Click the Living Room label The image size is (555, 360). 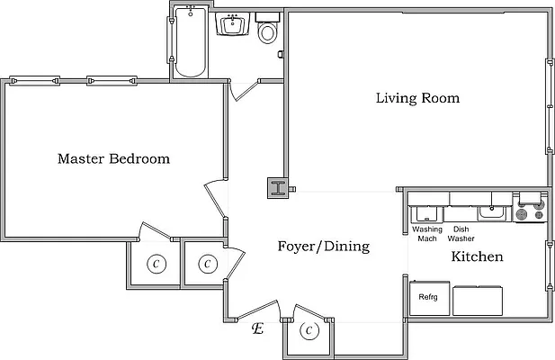click(x=417, y=98)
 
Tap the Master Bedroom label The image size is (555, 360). click(x=113, y=159)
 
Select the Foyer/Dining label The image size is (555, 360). click(x=323, y=247)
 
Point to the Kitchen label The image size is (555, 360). click(x=477, y=257)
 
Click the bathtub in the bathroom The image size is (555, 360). click(x=190, y=42)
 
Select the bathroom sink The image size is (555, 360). click(x=234, y=24)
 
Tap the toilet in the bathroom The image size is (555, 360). click(x=267, y=33)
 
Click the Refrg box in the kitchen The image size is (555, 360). click(x=428, y=298)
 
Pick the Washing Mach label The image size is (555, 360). click(x=427, y=234)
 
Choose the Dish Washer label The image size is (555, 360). click(x=461, y=234)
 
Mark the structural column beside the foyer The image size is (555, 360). click(x=277, y=189)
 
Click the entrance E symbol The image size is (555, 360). click(x=258, y=329)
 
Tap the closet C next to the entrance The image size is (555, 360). click(x=309, y=331)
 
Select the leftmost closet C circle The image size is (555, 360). click(x=157, y=264)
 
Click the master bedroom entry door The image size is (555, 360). click(x=216, y=193)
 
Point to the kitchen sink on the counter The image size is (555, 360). click(x=490, y=212)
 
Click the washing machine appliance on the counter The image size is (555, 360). click(x=425, y=214)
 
